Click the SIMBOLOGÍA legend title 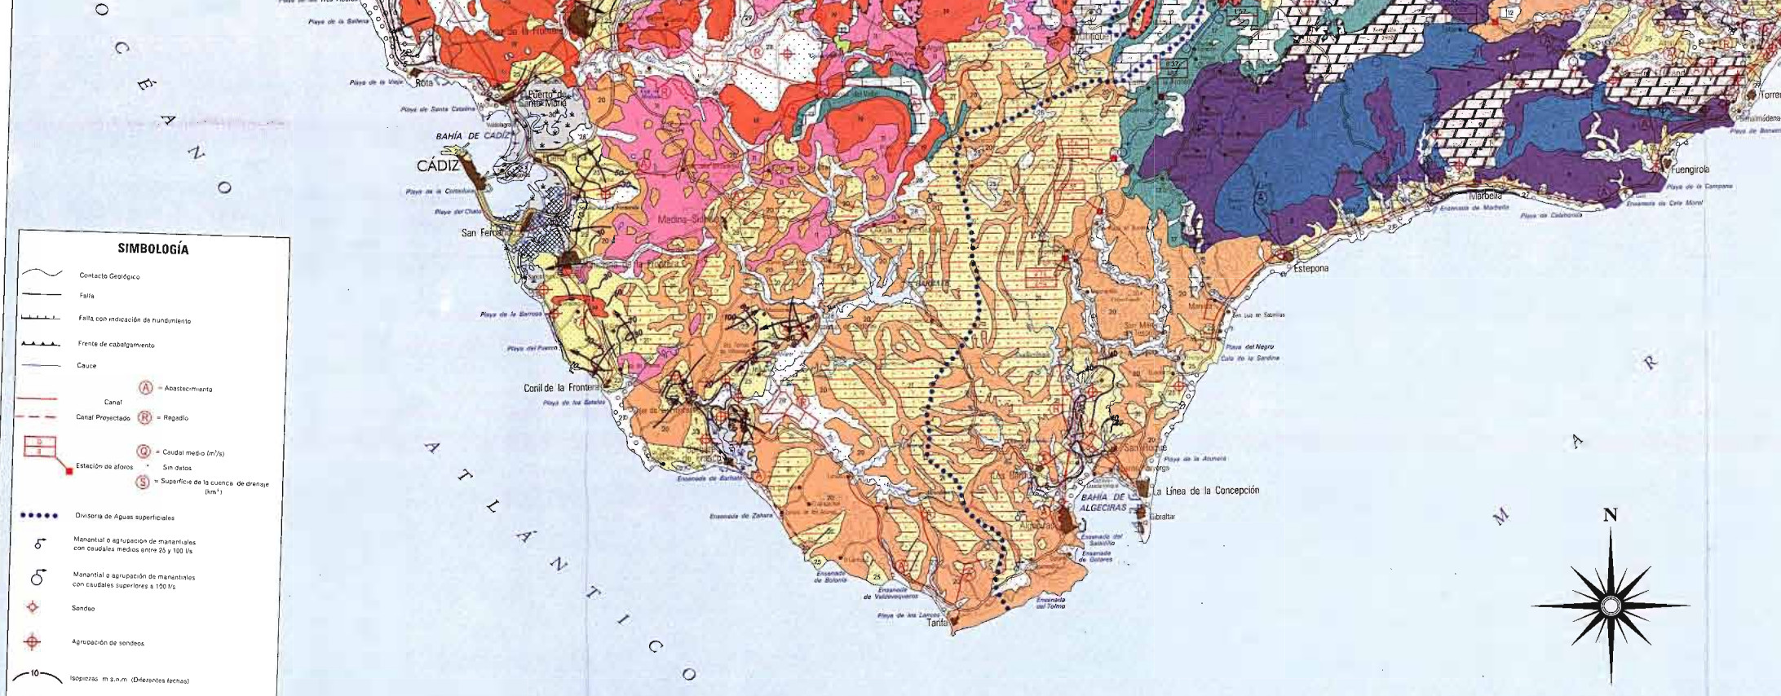click(x=153, y=249)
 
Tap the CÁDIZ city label click(x=438, y=166)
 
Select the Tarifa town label click(x=937, y=623)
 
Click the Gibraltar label click(x=1162, y=517)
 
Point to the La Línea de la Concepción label click(x=1206, y=491)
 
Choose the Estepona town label click(x=1310, y=268)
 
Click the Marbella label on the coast click(x=1484, y=196)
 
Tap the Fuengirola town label click(x=1690, y=170)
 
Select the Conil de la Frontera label click(x=561, y=388)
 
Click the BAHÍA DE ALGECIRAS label click(x=1103, y=502)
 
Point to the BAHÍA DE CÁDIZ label click(x=472, y=136)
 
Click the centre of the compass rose click(x=1610, y=606)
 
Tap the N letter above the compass click(x=1610, y=515)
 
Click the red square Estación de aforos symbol click(x=69, y=471)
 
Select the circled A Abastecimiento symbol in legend click(x=146, y=387)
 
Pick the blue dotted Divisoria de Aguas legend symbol click(x=39, y=515)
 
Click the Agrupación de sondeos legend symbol click(x=33, y=642)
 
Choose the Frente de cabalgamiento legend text click(x=116, y=345)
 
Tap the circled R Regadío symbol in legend click(x=145, y=417)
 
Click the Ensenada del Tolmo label click(x=1050, y=603)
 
